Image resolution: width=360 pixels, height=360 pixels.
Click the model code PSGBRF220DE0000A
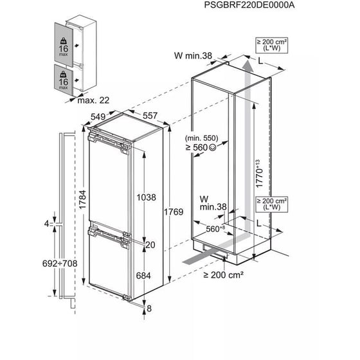coord(249,5)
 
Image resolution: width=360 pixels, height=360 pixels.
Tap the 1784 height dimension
coord(82,199)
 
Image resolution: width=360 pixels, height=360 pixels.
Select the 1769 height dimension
coord(174,212)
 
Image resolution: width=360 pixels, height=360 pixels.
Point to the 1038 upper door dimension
coord(147,197)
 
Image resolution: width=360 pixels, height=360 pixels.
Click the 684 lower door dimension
coord(143,276)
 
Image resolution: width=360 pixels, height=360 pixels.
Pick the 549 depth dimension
coord(98,116)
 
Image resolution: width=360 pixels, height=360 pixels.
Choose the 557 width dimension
coord(150,116)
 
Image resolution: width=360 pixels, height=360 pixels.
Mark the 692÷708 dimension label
coord(60,264)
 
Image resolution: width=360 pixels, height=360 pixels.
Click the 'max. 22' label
coord(93,100)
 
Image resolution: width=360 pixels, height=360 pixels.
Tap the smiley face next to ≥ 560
coord(213,147)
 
